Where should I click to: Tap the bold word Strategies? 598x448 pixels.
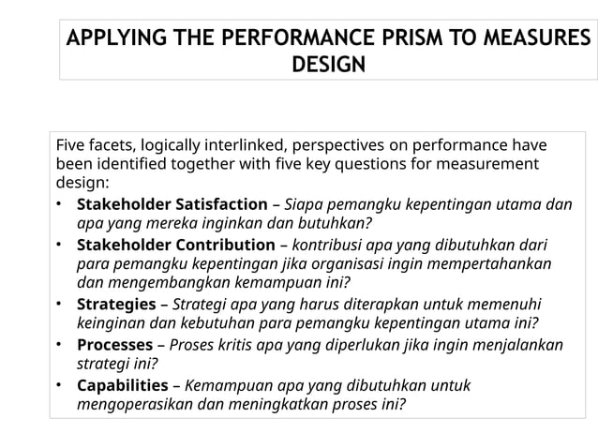click(114, 305)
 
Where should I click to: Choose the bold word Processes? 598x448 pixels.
click(113, 345)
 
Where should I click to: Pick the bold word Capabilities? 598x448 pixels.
click(120, 385)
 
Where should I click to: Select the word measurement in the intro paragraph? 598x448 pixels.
click(495, 164)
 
